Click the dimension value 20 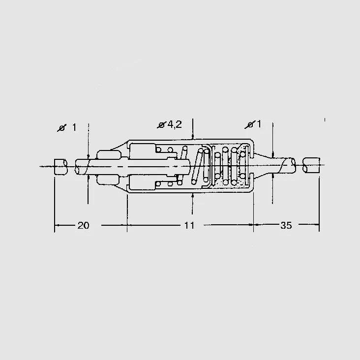(x=83, y=225)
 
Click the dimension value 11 (x=189, y=225)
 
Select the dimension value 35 (x=286, y=225)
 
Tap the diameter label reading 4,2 (x=174, y=124)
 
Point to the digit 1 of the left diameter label (x=74, y=127)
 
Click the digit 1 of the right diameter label (x=259, y=124)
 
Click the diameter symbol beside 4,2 (x=161, y=125)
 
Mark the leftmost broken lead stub (x=61, y=166)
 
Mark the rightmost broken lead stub (x=311, y=165)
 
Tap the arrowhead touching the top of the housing (x=193, y=137)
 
